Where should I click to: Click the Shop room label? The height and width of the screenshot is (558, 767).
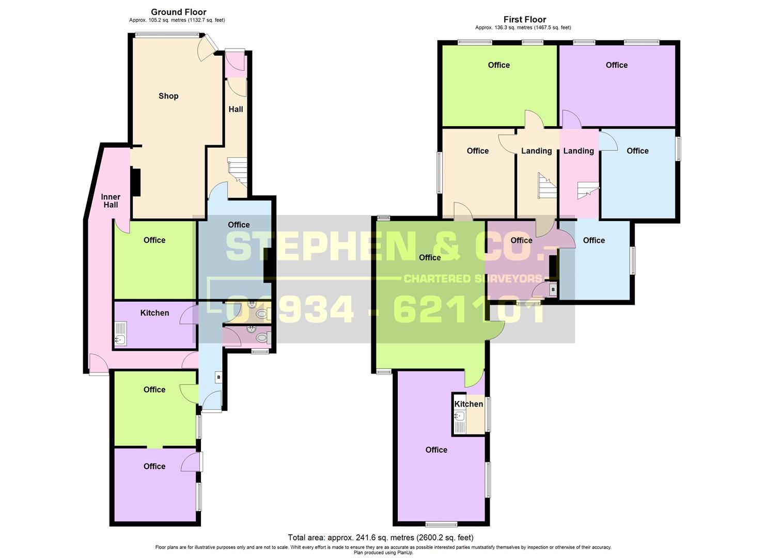[168, 96]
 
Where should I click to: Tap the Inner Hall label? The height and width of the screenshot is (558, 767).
[111, 201]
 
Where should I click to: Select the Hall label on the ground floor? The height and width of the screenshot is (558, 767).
[236, 110]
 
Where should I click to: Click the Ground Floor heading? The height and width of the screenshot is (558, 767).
[178, 12]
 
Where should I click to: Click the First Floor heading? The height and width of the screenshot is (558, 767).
[525, 20]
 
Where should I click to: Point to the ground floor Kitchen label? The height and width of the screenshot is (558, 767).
[154, 313]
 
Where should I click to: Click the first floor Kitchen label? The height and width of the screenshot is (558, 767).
[468, 404]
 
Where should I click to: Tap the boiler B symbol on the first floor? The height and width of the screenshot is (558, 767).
[553, 290]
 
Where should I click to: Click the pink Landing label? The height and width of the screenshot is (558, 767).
[578, 151]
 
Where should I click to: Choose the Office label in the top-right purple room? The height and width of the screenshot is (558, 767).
[616, 65]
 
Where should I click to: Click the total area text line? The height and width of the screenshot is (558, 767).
[380, 537]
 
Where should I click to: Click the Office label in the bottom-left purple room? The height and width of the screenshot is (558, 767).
[154, 467]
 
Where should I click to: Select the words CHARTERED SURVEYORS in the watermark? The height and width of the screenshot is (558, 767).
[472, 279]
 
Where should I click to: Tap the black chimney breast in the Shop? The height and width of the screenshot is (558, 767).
[135, 182]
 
